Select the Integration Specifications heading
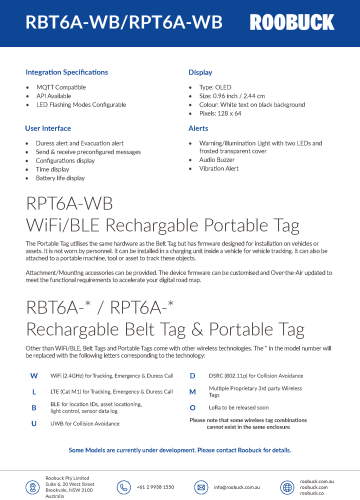point(69,73)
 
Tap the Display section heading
point(201,73)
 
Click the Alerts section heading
point(198,129)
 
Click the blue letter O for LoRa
point(192,380)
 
